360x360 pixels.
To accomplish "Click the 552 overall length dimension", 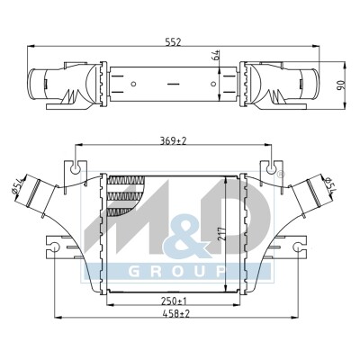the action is (173, 42).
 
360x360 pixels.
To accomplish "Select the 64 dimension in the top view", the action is (217, 55).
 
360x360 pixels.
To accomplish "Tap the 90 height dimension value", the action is (342, 85).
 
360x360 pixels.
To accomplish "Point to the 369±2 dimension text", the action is (173, 140).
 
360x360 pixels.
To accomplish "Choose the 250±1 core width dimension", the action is (173, 300).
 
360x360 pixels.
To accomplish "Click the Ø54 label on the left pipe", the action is (17, 186).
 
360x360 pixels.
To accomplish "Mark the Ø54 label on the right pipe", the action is (331, 185).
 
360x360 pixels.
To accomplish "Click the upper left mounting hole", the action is (75, 170).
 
